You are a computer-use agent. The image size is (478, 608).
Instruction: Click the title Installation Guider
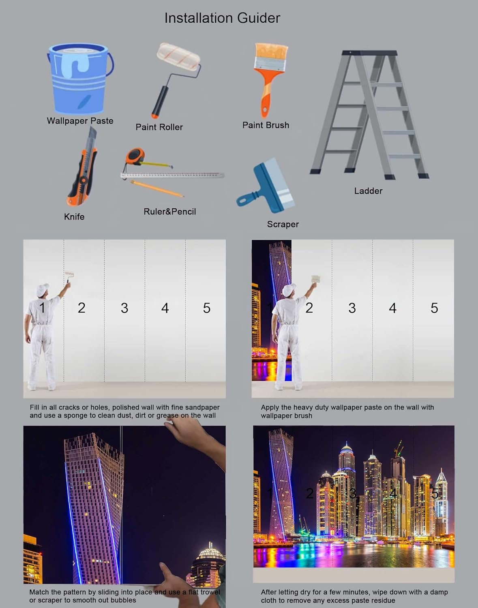click(x=222, y=18)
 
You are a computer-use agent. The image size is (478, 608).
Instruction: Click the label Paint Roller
click(x=159, y=127)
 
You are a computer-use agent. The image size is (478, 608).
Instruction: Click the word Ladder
click(x=368, y=191)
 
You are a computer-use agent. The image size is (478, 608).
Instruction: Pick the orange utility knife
click(x=83, y=170)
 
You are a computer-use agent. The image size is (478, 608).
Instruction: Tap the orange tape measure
click(x=135, y=156)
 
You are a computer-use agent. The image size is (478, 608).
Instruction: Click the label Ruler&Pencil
click(x=169, y=212)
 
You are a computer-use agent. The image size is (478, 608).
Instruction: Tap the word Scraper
click(x=283, y=224)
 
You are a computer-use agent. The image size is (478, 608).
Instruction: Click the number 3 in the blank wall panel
click(x=124, y=308)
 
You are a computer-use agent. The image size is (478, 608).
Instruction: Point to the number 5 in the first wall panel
click(x=207, y=308)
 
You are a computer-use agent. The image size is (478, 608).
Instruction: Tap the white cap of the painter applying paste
click(x=288, y=290)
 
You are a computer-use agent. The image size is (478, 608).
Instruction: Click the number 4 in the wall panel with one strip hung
click(x=392, y=308)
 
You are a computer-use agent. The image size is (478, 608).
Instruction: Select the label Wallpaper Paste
click(x=80, y=121)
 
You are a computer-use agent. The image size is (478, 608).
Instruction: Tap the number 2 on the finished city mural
click(x=309, y=493)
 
